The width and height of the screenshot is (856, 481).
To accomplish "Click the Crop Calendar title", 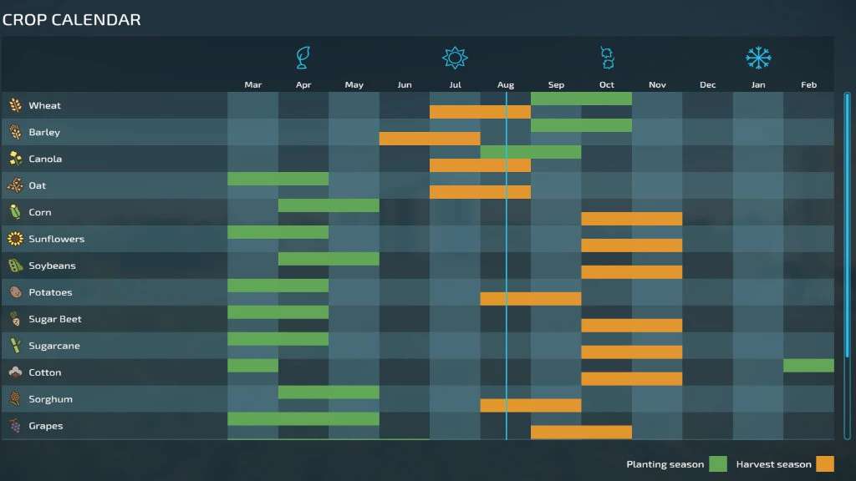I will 71,20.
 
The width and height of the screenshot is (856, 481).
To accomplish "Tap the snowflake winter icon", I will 758,58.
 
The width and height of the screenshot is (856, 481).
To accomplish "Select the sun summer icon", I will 455,58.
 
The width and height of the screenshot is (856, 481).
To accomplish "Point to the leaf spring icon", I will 303,58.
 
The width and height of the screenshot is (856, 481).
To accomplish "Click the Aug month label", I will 506,85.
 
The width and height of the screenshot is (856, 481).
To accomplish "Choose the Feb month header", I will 808,85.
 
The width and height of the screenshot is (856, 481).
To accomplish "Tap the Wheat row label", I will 44,106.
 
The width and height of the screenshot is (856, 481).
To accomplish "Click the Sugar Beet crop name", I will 54,320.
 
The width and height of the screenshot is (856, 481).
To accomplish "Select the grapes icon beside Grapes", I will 15,426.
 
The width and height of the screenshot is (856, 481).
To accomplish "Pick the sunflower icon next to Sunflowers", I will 15,239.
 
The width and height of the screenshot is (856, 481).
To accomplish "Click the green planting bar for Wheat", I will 581,99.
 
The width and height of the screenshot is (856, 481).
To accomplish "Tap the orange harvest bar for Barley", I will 430,139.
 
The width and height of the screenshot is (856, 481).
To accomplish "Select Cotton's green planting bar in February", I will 808,366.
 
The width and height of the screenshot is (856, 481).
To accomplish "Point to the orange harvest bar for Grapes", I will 581,433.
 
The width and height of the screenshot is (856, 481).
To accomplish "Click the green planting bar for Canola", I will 531,152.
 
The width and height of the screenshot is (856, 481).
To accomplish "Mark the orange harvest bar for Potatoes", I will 531,299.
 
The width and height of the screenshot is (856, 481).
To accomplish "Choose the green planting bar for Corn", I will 329,205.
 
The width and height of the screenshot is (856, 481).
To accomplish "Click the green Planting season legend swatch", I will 718,464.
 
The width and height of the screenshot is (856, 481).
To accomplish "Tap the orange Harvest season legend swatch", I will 825,464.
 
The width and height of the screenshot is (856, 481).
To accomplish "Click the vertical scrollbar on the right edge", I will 847,225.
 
